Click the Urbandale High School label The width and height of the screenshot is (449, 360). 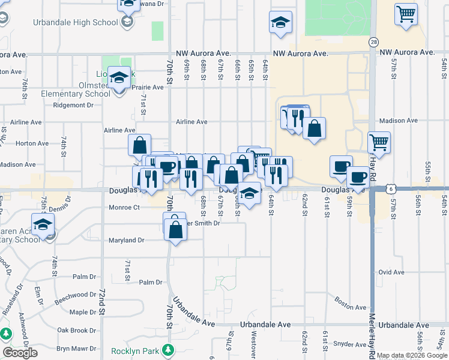tap(81, 23)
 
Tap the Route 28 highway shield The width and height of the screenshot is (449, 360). tap(374, 42)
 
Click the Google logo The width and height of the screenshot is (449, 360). tap(20, 353)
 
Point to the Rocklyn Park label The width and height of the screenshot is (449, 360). tap(137, 351)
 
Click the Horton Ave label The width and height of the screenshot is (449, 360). tap(32, 143)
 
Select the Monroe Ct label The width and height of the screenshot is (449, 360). tap(124, 208)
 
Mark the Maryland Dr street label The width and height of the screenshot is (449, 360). tap(127, 241)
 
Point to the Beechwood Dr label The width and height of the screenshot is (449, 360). tap(74, 298)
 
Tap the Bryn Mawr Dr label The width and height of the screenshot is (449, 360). tap(73, 348)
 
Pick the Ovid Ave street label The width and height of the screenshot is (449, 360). tap(391, 272)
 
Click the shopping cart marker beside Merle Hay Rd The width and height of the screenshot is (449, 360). tap(379, 142)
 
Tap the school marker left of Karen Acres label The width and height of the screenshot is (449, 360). tap(43, 224)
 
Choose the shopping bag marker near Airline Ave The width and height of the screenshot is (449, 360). tap(139, 145)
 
